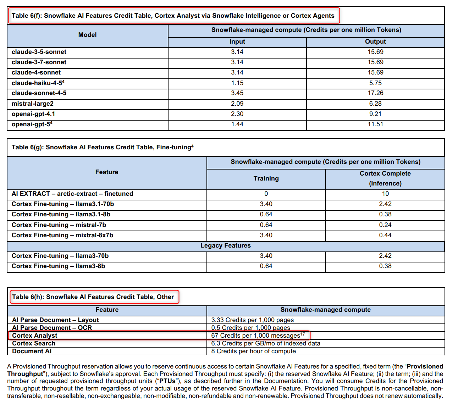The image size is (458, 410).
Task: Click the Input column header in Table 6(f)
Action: click(237, 41)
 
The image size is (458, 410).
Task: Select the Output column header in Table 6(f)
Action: click(375, 41)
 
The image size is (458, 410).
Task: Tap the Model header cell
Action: click(87, 35)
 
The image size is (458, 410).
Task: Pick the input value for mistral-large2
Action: click(237, 104)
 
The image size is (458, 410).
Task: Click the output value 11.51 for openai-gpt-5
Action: click(375, 124)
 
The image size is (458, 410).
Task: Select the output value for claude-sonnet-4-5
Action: click(375, 93)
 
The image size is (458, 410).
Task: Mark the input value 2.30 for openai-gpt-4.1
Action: click(237, 114)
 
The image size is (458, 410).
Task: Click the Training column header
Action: click(266, 178)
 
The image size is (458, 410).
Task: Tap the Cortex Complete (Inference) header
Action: click(385, 178)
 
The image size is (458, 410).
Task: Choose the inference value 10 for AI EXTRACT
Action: click(385, 194)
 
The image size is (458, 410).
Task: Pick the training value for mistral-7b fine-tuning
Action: click(266, 225)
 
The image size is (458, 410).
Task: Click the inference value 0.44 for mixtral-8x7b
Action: click(385, 235)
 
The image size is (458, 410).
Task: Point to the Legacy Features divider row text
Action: click(226, 245)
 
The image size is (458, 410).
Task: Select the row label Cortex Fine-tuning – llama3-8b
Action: click(58, 266)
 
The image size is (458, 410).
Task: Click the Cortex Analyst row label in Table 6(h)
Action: click(35, 336)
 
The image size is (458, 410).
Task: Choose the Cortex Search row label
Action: click(34, 343)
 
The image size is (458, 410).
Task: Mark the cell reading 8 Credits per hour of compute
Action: click(253, 351)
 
